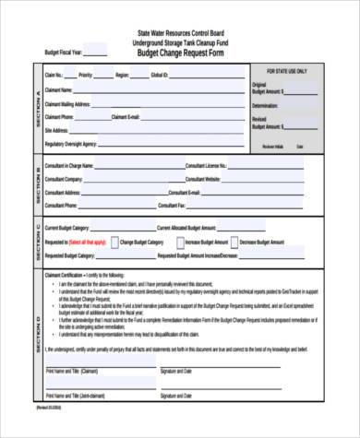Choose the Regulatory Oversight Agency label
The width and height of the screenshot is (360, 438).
point(71,145)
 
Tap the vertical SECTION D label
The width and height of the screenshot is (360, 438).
point(36,331)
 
